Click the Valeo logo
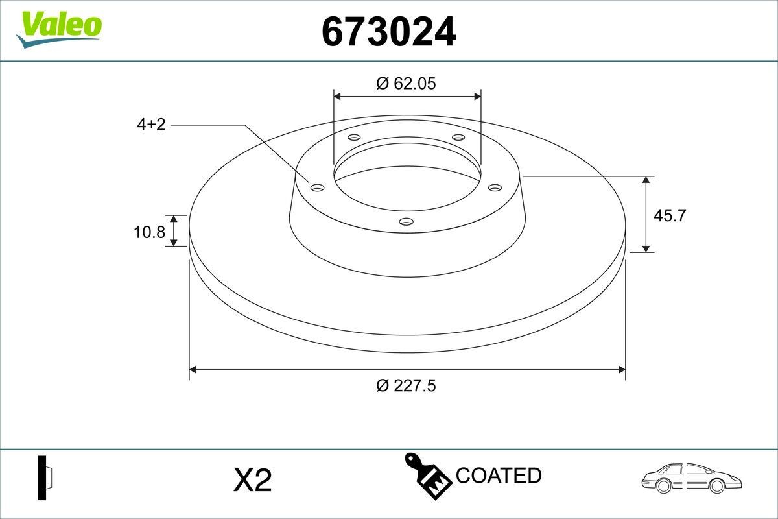click(60, 28)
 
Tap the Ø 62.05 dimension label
click(406, 83)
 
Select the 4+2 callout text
click(151, 125)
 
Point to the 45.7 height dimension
click(669, 215)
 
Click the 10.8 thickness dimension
click(149, 232)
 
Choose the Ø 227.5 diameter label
click(406, 385)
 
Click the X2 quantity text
click(252, 481)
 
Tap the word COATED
click(498, 476)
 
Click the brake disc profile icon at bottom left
click(45, 479)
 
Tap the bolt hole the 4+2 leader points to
click(317, 187)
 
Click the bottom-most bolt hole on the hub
click(407, 222)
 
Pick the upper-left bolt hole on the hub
click(354, 138)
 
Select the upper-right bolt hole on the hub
click(458, 138)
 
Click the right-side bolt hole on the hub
click(495, 187)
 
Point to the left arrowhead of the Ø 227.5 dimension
click(193, 370)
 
